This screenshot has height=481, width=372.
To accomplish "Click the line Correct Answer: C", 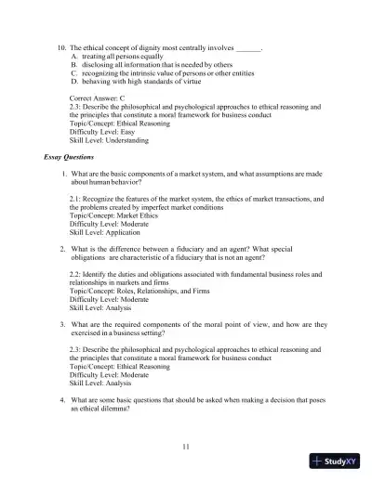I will click(x=103, y=97).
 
